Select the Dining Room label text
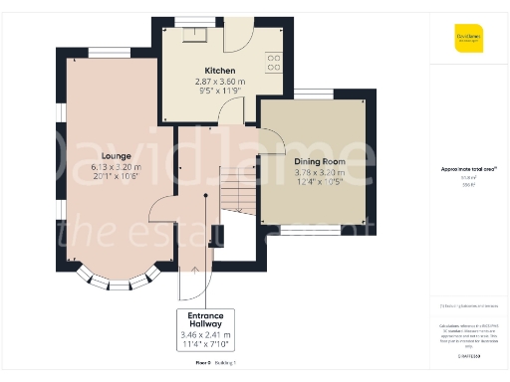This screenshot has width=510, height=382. (x=318, y=160)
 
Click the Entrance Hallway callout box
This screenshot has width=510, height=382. (x=205, y=329)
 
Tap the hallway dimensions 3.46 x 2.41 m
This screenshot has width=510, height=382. (x=205, y=335)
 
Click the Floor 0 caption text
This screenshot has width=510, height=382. (x=203, y=364)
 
